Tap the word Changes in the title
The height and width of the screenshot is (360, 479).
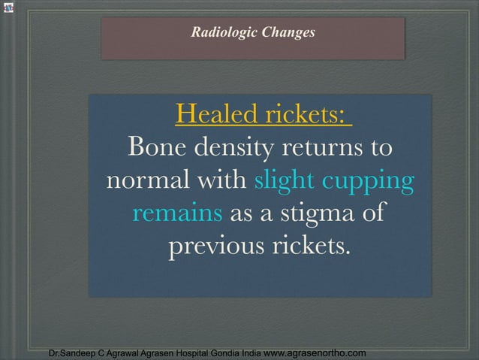pos(288,32)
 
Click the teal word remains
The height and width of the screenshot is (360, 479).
pos(177,213)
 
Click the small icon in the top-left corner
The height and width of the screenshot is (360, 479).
pos(8,8)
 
